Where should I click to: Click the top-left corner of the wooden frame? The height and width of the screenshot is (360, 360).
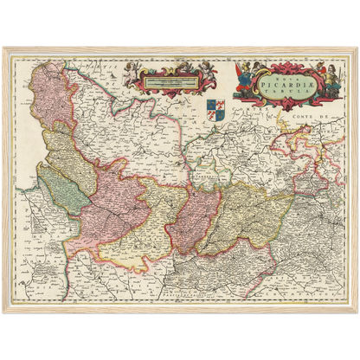[4, 48]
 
